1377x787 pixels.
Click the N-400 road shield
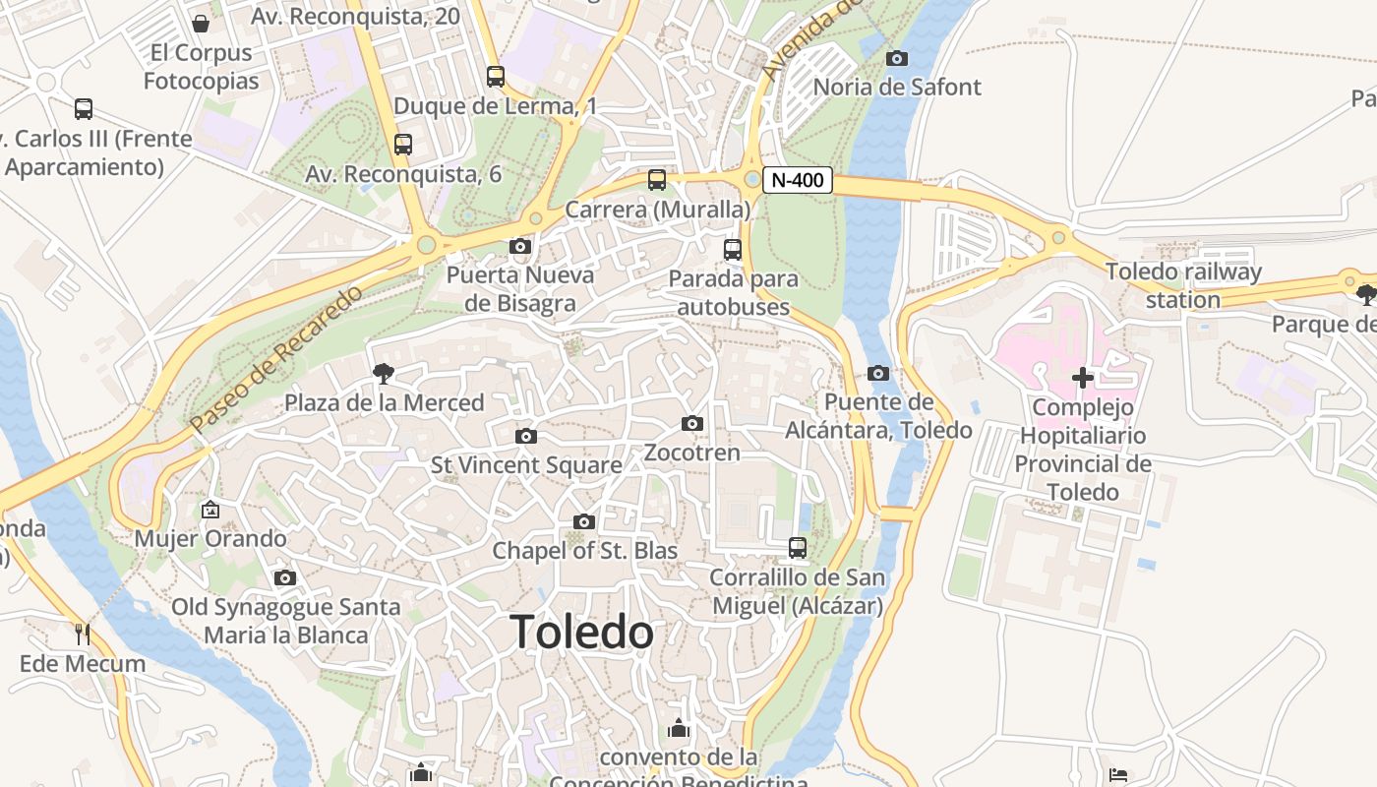point(797,180)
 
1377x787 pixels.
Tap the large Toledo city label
point(582,632)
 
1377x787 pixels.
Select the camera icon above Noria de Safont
point(896,58)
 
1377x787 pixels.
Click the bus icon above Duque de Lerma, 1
point(496,76)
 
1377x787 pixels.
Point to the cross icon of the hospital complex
point(1083,378)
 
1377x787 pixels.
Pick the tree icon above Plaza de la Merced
point(384,373)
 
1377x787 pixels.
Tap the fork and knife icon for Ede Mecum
point(83,635)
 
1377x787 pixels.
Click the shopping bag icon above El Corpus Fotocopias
point(201,23)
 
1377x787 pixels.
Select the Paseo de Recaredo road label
point(276,360)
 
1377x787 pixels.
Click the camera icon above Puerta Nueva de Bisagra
point(520,246)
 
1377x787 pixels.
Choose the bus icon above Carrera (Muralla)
point(657,180)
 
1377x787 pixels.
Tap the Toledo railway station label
point(1183,285)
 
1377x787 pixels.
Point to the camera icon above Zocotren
point(692,423)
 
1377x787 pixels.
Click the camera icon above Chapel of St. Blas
point(584,521)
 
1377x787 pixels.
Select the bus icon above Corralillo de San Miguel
point(798,547)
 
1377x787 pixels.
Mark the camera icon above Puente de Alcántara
point(878,373)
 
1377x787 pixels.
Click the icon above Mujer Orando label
point(210,510)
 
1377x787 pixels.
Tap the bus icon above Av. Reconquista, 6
point(403,145)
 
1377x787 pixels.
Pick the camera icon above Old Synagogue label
point(285,577)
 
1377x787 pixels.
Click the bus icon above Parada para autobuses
point(733,250)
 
